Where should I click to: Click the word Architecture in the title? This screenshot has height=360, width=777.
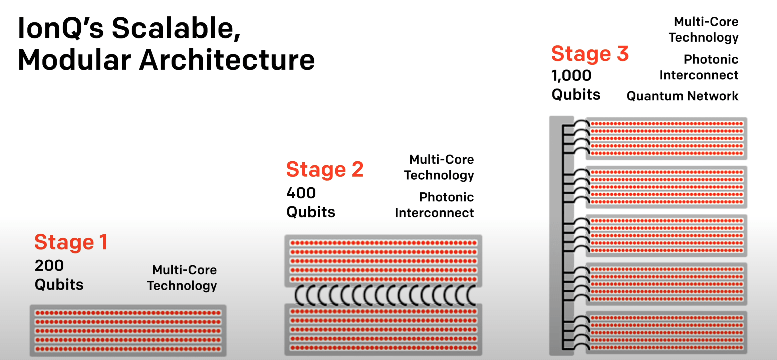(x=227, y=60)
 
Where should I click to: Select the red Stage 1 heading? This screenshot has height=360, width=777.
(x=71, y=242)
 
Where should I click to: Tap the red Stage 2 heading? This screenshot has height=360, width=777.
(x=324, y=169)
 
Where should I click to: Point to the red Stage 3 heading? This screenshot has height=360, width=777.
(x=590, y=54)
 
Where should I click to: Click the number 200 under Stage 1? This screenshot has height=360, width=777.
(x=49, y=266)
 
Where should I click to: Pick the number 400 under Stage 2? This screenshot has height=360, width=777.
(x=301, y=193)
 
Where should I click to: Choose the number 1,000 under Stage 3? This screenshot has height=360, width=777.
(x=571, y=76)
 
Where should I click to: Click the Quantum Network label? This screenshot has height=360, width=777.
(x=682, y=96)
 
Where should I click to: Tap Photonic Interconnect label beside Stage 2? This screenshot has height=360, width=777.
(x=435, y=205)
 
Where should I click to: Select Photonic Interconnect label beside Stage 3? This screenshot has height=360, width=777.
(x=699, y=67)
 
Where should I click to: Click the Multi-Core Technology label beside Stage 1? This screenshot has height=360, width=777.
(x=182, y=278)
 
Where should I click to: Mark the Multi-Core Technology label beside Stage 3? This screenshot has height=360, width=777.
(x=704, y=29)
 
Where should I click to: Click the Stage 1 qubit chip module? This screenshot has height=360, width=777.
(x=128, y=331)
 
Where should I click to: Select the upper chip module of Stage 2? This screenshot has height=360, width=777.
(x=383, y=261)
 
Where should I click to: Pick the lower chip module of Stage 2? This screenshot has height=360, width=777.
(x=383, y=330)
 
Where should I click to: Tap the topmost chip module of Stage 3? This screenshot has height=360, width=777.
(x=666, y=138)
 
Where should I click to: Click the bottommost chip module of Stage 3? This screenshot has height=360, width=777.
(x=666, y=332)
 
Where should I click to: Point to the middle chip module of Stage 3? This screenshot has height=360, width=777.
(x=666, y=235)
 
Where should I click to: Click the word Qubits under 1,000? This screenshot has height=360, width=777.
(x=576, y=95)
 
